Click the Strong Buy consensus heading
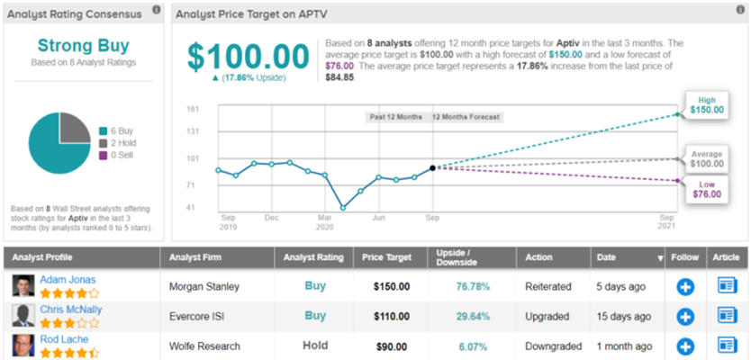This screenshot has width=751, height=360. pos(84,46)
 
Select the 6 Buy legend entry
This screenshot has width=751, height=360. pos(116,130)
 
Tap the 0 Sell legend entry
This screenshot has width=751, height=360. pos(116,155)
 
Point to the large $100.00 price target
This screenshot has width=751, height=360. pos(249,57)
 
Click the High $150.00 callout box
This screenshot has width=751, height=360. pos(707,105)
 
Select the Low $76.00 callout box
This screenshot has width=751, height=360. pos(707,190)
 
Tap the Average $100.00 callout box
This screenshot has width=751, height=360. pos(707,159)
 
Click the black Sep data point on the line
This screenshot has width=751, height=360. pos(432,168)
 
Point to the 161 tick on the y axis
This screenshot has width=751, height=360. pos(193,109)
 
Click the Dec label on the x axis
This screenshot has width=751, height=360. pos(272,218)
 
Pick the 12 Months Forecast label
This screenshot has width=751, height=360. pos(466,117)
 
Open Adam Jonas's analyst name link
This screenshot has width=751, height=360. pos(68,280)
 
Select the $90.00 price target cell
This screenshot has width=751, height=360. pos(392,346)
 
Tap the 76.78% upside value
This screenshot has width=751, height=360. pos(473,287)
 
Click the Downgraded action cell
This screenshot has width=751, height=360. pos(553,346)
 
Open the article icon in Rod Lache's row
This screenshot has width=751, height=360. pos(727,346)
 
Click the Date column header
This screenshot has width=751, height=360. pos(606,257)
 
